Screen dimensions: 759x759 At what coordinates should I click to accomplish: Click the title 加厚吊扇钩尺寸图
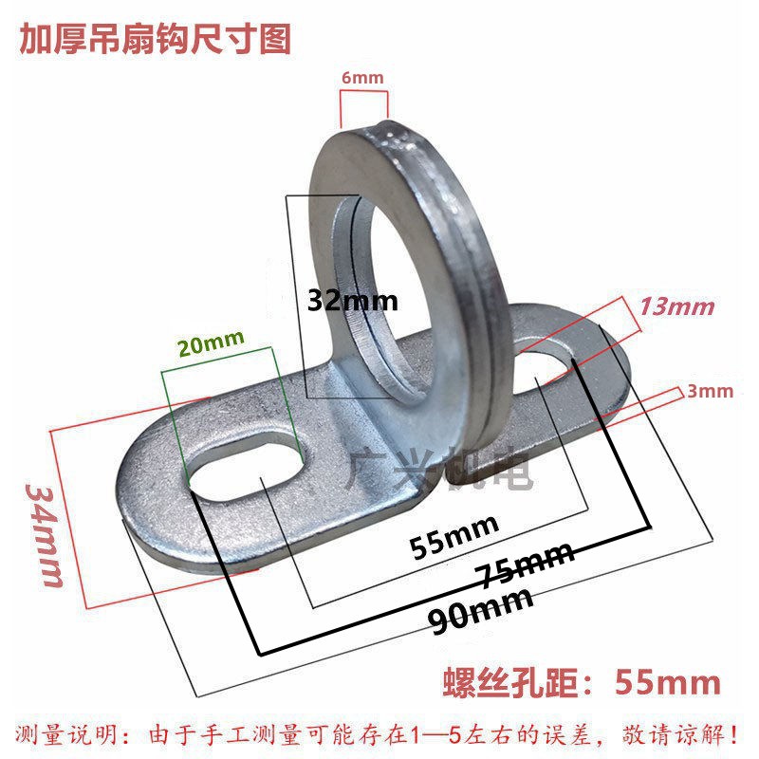(156, 39)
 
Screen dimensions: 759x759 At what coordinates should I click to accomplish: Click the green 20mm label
(211, 342)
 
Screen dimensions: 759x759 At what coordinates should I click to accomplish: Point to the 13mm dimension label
(676, 306)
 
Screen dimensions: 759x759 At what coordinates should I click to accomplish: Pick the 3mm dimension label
(711, 390)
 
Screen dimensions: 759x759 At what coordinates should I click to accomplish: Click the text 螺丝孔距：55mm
(582, 681)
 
